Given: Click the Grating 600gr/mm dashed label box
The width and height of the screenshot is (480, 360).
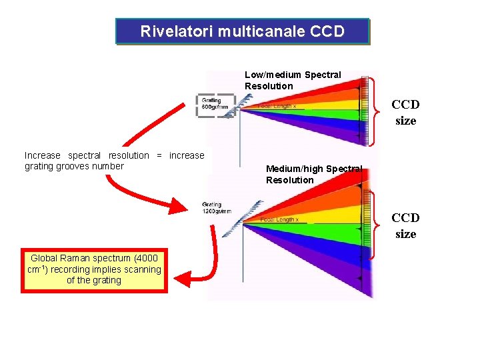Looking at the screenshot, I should (215, 105).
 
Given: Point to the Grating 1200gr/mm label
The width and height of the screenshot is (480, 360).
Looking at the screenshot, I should (217, 208).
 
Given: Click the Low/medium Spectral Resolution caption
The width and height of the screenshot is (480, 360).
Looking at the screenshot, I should (293, 80).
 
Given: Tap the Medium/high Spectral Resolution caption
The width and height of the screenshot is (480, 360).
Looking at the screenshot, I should (313, 175).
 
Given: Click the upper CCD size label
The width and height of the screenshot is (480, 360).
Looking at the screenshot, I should (405, 112).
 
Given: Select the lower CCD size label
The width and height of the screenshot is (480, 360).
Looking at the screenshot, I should (405, 225).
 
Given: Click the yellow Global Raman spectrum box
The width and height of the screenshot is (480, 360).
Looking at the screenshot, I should (94, 269).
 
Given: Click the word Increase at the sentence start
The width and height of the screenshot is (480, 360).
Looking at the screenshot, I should (42, 155).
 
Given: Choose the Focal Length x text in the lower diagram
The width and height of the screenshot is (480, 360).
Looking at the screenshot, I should (279, 219).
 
